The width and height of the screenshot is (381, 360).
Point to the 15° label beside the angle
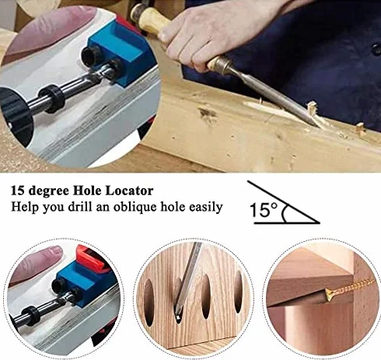264,210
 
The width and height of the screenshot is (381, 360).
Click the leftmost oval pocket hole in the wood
149,302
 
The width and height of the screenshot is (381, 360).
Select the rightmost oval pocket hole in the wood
238,291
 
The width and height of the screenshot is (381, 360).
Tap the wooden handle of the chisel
150,21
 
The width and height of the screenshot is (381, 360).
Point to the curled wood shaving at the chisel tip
313,109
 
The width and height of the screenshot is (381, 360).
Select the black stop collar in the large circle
52,99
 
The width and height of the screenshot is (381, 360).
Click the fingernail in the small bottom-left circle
55,250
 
